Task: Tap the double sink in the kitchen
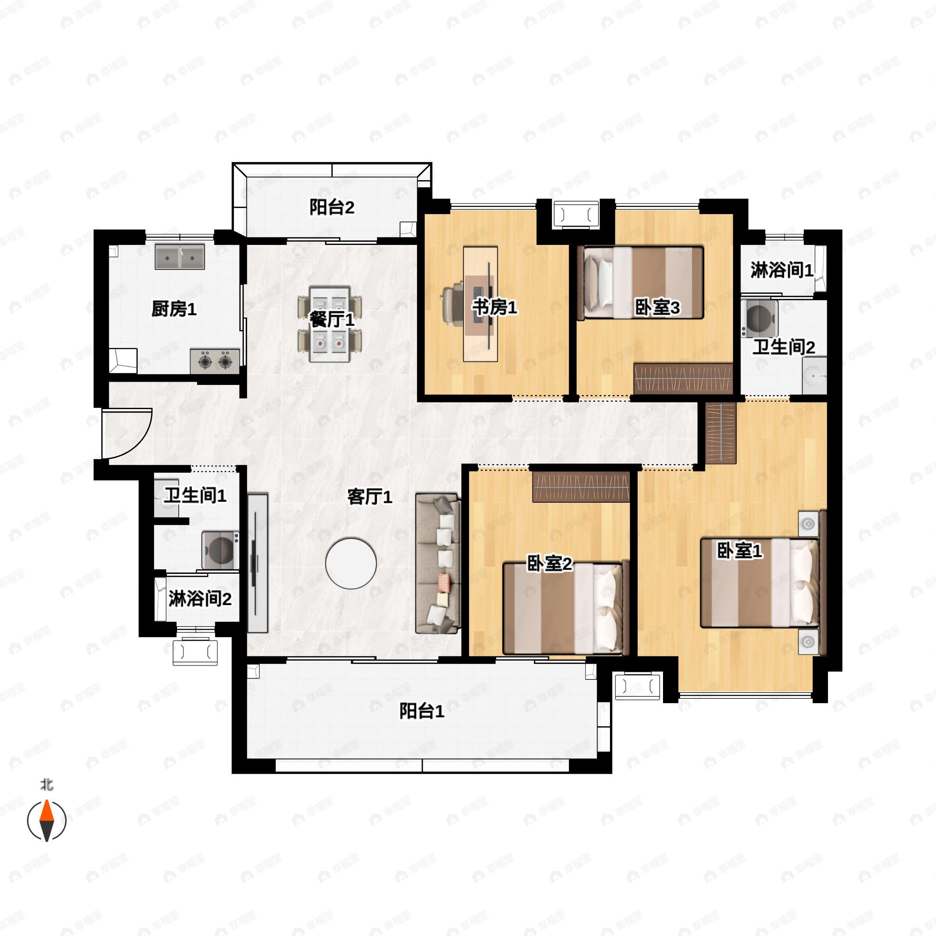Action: [180, 256]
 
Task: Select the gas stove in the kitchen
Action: [214, 361]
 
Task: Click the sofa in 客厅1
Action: [438, 564]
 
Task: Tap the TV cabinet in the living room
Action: [258, 563]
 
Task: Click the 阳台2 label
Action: [332, 207]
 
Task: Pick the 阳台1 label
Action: [422, 711]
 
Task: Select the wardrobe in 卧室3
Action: [682, 378]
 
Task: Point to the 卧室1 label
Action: [739, 550]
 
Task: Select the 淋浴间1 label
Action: [782, 270]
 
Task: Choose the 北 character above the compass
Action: [46, 784]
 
